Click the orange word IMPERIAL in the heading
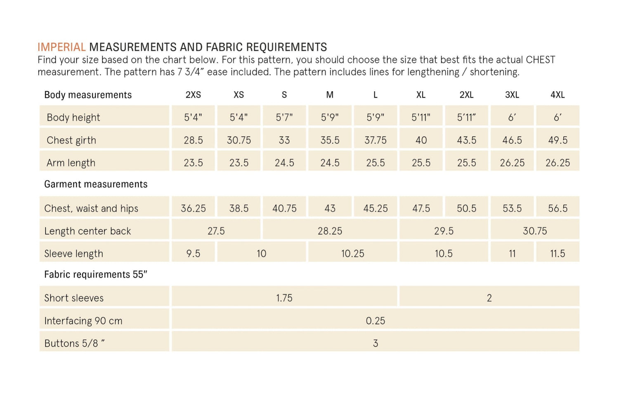[x=61, y=47]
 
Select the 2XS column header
[x=193, y=95]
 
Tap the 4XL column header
[x=558, y=95]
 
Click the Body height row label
[x=73, y=117]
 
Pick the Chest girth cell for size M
[x=330, y=140]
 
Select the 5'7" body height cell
[x=284, y=117]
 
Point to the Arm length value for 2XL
[x=466, y=163]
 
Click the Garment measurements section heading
[x=96, y=184]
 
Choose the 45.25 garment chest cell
[x=375, y=208]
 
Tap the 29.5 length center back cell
[x=444, y=231]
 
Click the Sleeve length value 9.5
[x=193, y=254]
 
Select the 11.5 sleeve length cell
[x=558, y=254]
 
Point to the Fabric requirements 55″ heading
[x=96, y=275]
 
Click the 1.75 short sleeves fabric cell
[x=284, y=298]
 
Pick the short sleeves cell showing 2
[x=489, y=298]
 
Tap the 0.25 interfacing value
[x=375, y=320]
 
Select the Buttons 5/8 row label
[x=74, y=343]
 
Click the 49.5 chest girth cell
[x=558, y=140]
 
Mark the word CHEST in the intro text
[x=540, y=60]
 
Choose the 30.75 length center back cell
[x=535, y=231]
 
